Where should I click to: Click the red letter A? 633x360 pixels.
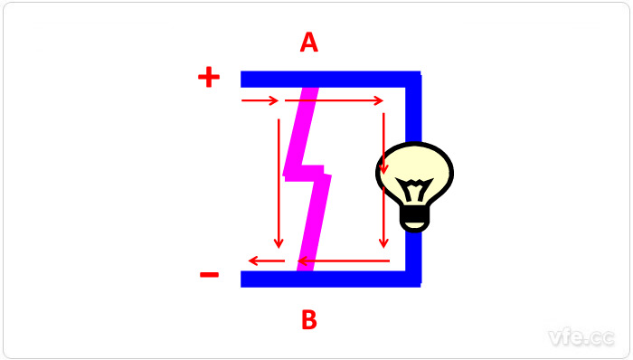tap(309, 43)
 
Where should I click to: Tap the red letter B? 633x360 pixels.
tap(309, 319)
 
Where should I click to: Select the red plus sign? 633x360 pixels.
tap(209, 77)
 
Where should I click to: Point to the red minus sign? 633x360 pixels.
tap(209, 275)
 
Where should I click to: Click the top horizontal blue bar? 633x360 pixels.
tap(331, 79)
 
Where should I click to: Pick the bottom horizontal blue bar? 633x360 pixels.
tap(331, 279)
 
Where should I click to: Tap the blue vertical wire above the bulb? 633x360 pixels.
tap(413, 109)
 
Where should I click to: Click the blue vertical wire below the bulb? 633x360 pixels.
tap(413, 259)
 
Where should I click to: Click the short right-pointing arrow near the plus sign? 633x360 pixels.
tap(260, 100)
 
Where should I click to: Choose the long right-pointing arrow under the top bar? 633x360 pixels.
tap(334, 100)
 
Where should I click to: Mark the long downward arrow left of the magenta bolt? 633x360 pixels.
tap(279, 184)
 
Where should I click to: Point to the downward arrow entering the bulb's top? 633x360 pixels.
tap(383, 143)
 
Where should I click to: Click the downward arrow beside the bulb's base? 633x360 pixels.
tap(383, 217)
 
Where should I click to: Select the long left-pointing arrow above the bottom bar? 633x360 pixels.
tap(344, 261)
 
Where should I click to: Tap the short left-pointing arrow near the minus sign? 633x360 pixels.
tap(267, 261)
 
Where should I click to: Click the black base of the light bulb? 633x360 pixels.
tap(414, 220)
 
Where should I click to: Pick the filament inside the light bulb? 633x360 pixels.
tap(414, 189)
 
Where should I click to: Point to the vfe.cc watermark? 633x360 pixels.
tap(581, 337)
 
